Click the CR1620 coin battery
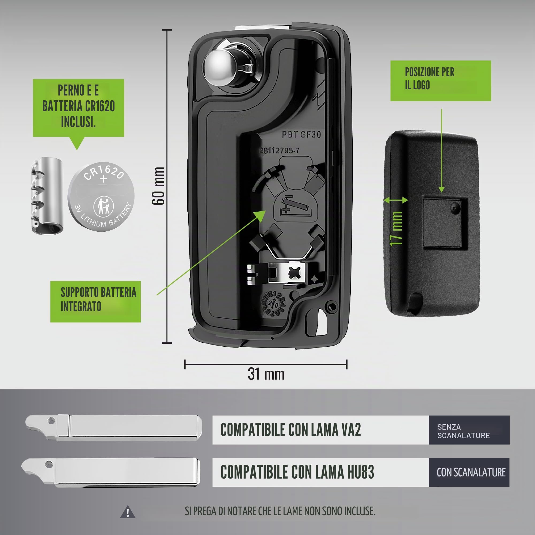pyautogui.click(x=101, y=197)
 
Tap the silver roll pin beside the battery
pyautogui.click(x=47, y=196)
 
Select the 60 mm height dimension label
pyautogui.click(x=158, y=186)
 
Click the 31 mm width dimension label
pyautogui.click(x=266, y=374)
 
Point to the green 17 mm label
pyautogui.click(x=396, y=229)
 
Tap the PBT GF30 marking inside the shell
pyautogui.click(x=301, y=135)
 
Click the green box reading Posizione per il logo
pyautogui.click(x=441, y=81)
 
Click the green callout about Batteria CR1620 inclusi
pyautogui.click(x=78, y=108)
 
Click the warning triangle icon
pyautogui.click(x=128, y=512)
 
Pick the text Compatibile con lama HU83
pyautogui.click(x=297, y=472)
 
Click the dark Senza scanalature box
pyautogui.click(x=469, y=430)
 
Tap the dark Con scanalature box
pyautogui.click(x=469, y=472)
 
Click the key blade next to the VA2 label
pyautogui.click(x=113, y=427)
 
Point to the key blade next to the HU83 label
pyautogui.click(x=111, y=472)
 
